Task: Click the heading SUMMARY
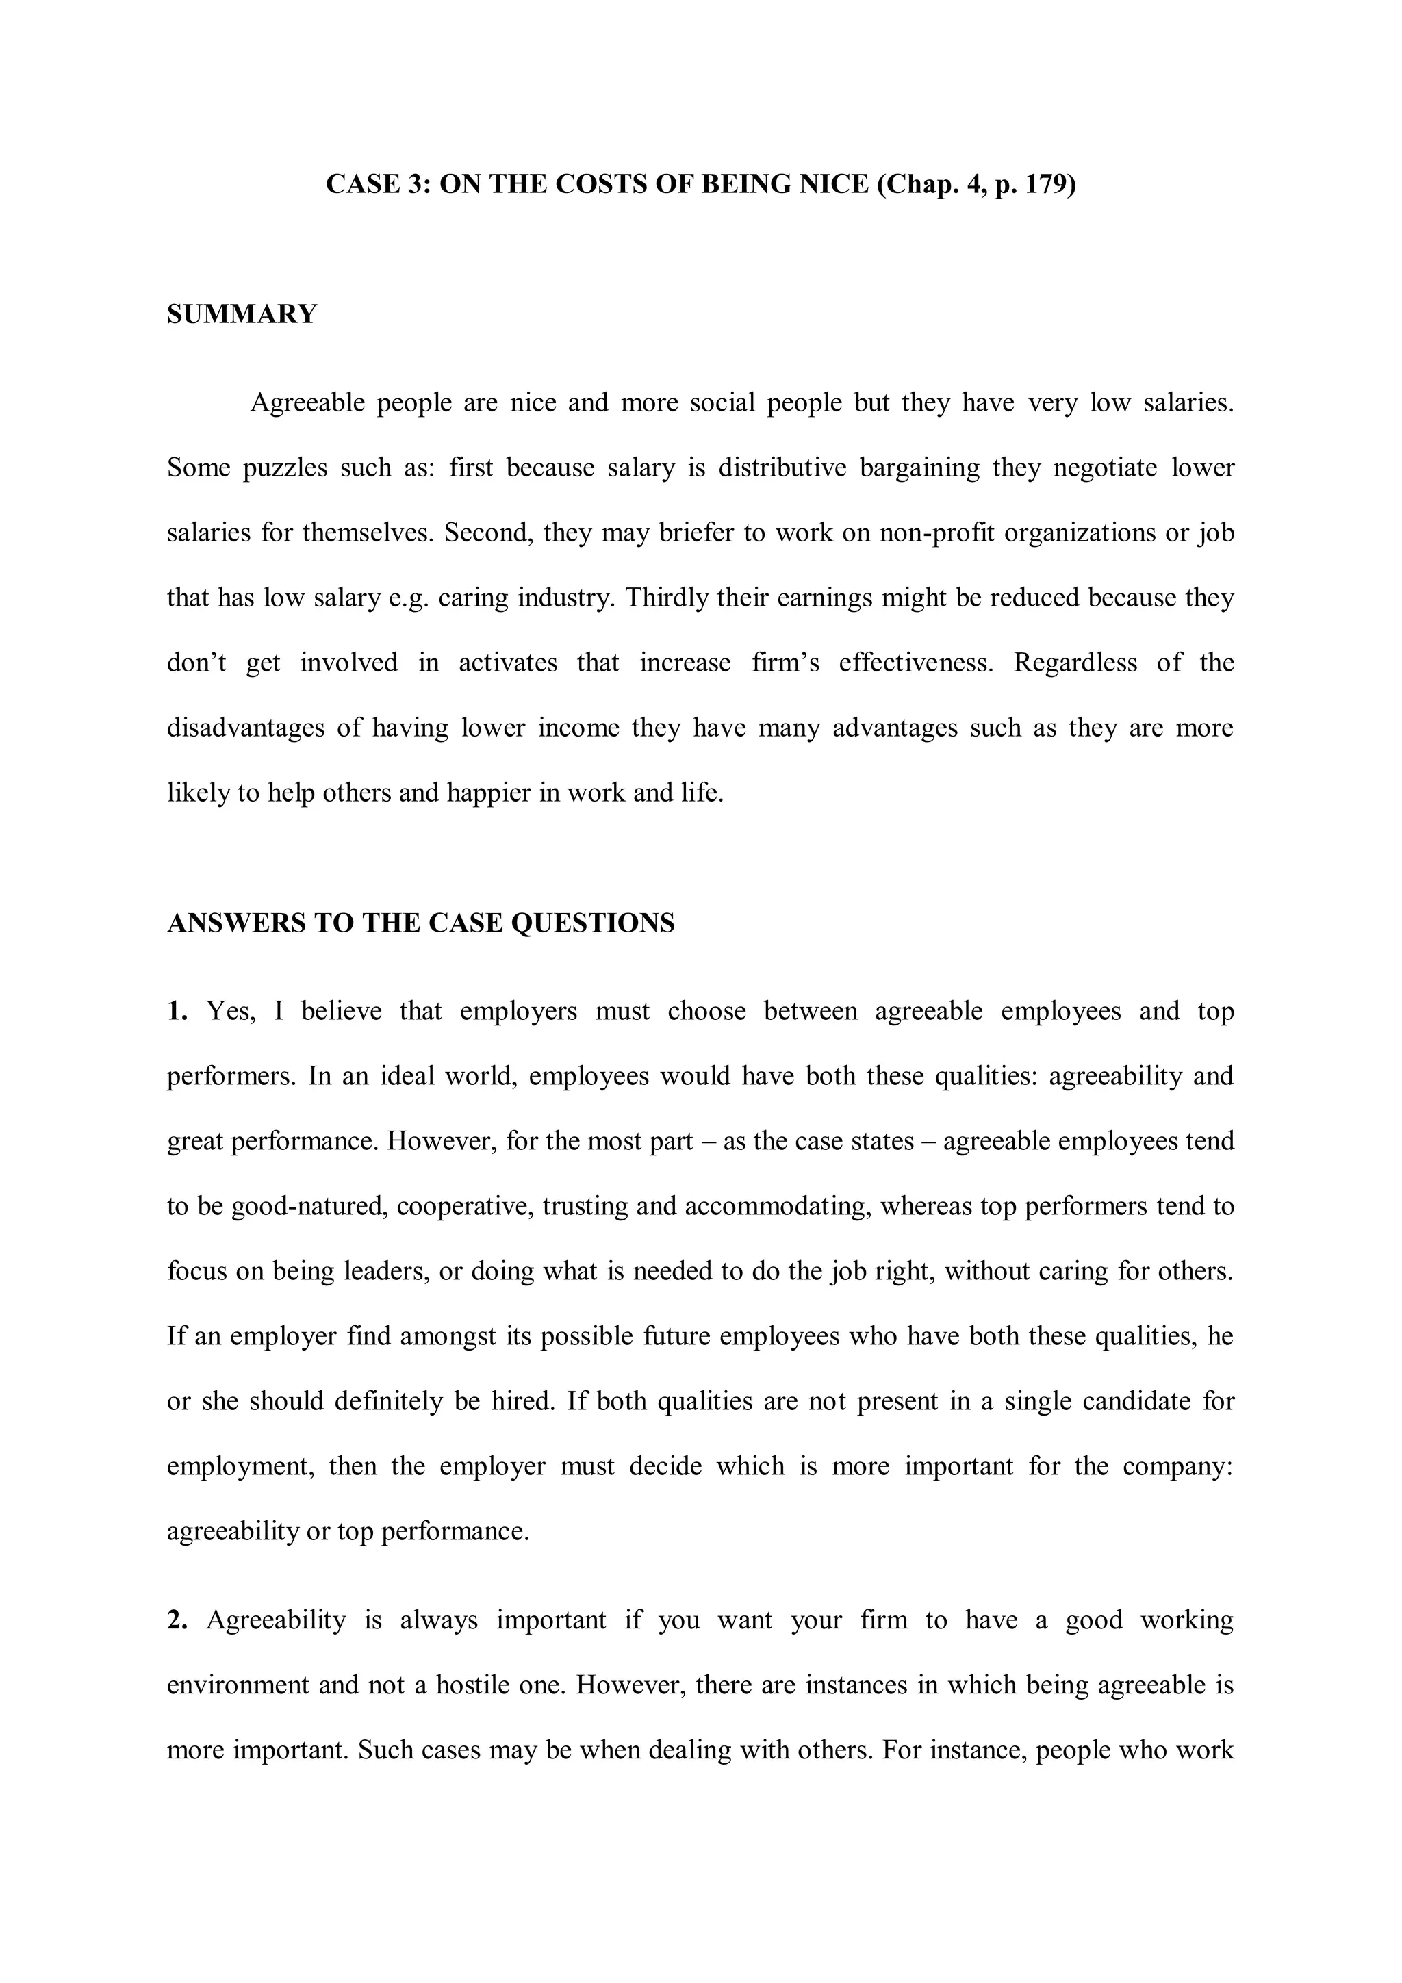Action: (x=242, y=314)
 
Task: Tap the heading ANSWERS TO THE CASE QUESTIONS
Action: (x=421, y=923)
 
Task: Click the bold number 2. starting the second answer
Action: (x=177, y=1620)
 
